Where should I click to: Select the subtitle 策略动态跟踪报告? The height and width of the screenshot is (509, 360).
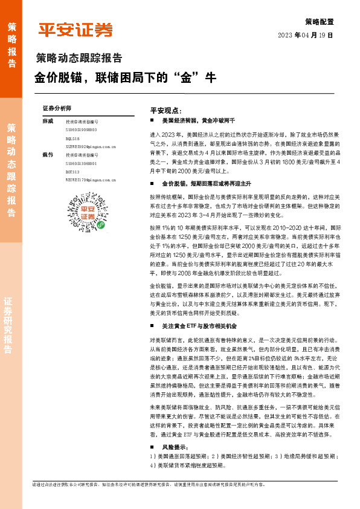[x=79, y=59]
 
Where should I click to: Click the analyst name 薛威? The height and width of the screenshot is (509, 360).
[x=48, y=122]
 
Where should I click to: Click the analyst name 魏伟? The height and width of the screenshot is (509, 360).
[x=48, y=155]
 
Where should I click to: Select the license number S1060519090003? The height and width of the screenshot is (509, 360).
[x=82, y=130]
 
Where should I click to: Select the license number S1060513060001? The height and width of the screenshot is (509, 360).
[x=82, y=163]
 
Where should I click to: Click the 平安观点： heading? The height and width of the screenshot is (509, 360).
[x=166, y=111]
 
